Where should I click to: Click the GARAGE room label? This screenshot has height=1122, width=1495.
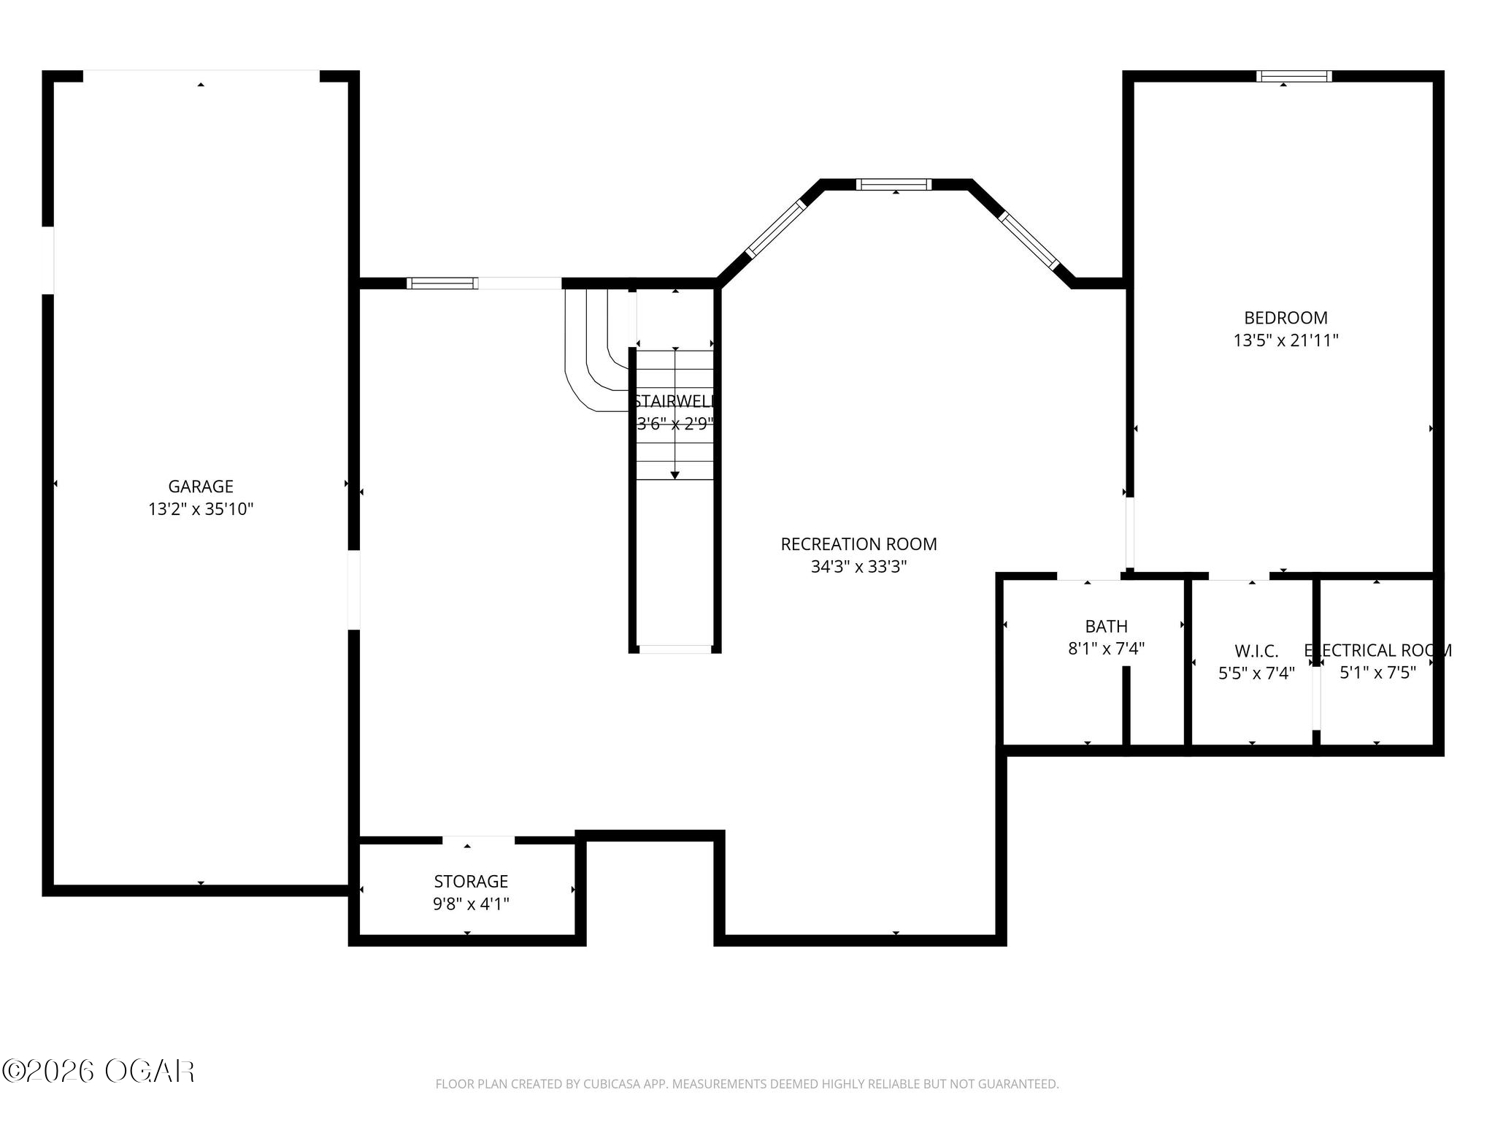[201, 486]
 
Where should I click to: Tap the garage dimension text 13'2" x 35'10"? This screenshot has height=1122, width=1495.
[201, 509]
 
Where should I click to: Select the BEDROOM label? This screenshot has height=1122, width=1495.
[1285, 318]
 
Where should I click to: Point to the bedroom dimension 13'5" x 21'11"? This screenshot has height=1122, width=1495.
[1285, 340]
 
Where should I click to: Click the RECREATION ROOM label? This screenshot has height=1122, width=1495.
[858, 544]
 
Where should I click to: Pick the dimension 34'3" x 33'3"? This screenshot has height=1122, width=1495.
[858, 567]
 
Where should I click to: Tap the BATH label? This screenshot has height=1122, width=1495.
[1106, 626]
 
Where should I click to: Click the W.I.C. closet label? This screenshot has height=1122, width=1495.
[1256, 651]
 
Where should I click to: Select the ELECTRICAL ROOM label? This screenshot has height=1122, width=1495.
[1377, 650]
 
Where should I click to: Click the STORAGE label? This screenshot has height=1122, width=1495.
[471, 881]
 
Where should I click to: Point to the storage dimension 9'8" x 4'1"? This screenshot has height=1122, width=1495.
[471, 904]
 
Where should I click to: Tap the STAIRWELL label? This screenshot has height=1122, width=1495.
[675, 401]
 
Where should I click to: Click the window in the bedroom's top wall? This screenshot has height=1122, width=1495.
[1294, 76]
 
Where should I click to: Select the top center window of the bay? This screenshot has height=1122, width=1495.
[893, 184]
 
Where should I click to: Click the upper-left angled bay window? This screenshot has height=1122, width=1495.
[775, 229]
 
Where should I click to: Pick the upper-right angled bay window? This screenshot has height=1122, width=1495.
[1029, 240]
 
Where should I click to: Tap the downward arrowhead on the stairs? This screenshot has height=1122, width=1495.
[675, 476]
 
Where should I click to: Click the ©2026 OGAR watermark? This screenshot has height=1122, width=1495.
[99, 1072]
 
